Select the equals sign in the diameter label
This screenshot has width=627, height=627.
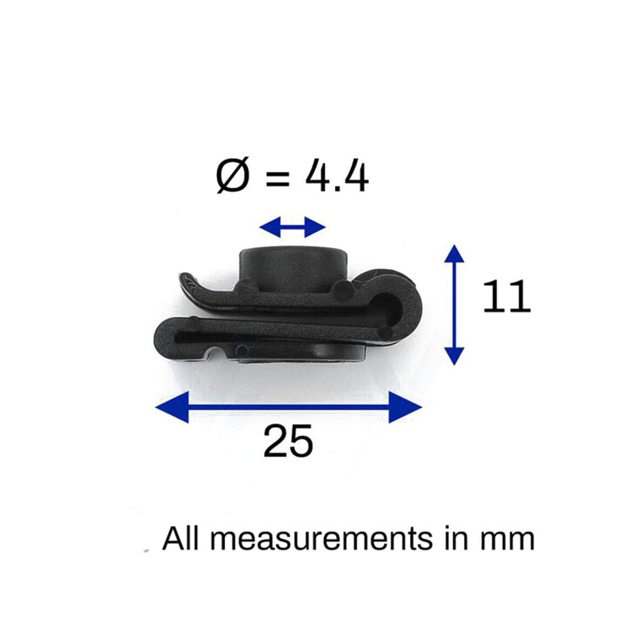pyautogui.click(x=277, y=178)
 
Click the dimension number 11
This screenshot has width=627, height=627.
pyautogui.click(x=507, y=297)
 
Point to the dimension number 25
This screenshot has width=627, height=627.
pyautogui.click(x=288, y=441)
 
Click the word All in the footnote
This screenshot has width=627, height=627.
pyautogui.click(x=181, y=538)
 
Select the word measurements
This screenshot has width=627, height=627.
pyautogui.click(x=322, y=539)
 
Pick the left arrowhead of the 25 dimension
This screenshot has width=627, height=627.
pyautogui.click(x=172, y=407)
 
